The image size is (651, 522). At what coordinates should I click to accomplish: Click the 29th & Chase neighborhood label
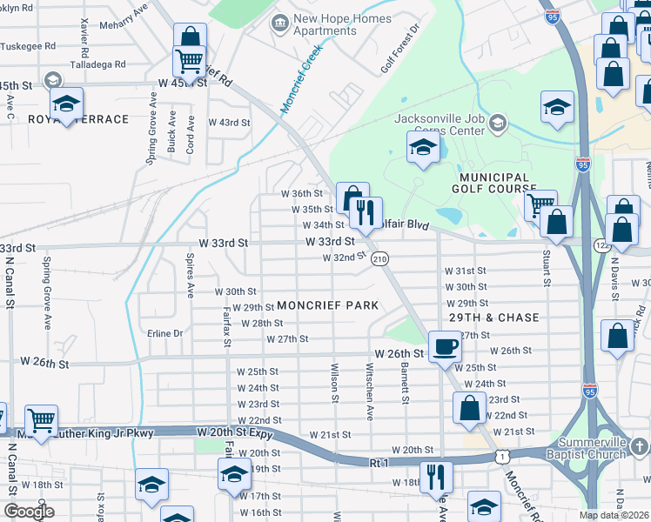(x=494, y=318)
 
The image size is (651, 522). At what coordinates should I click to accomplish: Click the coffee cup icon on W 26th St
(x=445, y=346)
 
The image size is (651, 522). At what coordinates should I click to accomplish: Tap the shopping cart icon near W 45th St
(x=190, y=61)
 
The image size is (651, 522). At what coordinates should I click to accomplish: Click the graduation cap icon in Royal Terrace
(x=66, y=104)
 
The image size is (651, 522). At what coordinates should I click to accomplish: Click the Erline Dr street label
(x=165, y=333)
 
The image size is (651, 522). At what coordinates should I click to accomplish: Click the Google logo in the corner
(x=30, y=512)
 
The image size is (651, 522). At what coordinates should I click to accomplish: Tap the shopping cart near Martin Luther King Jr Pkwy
(x=41, y=421)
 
